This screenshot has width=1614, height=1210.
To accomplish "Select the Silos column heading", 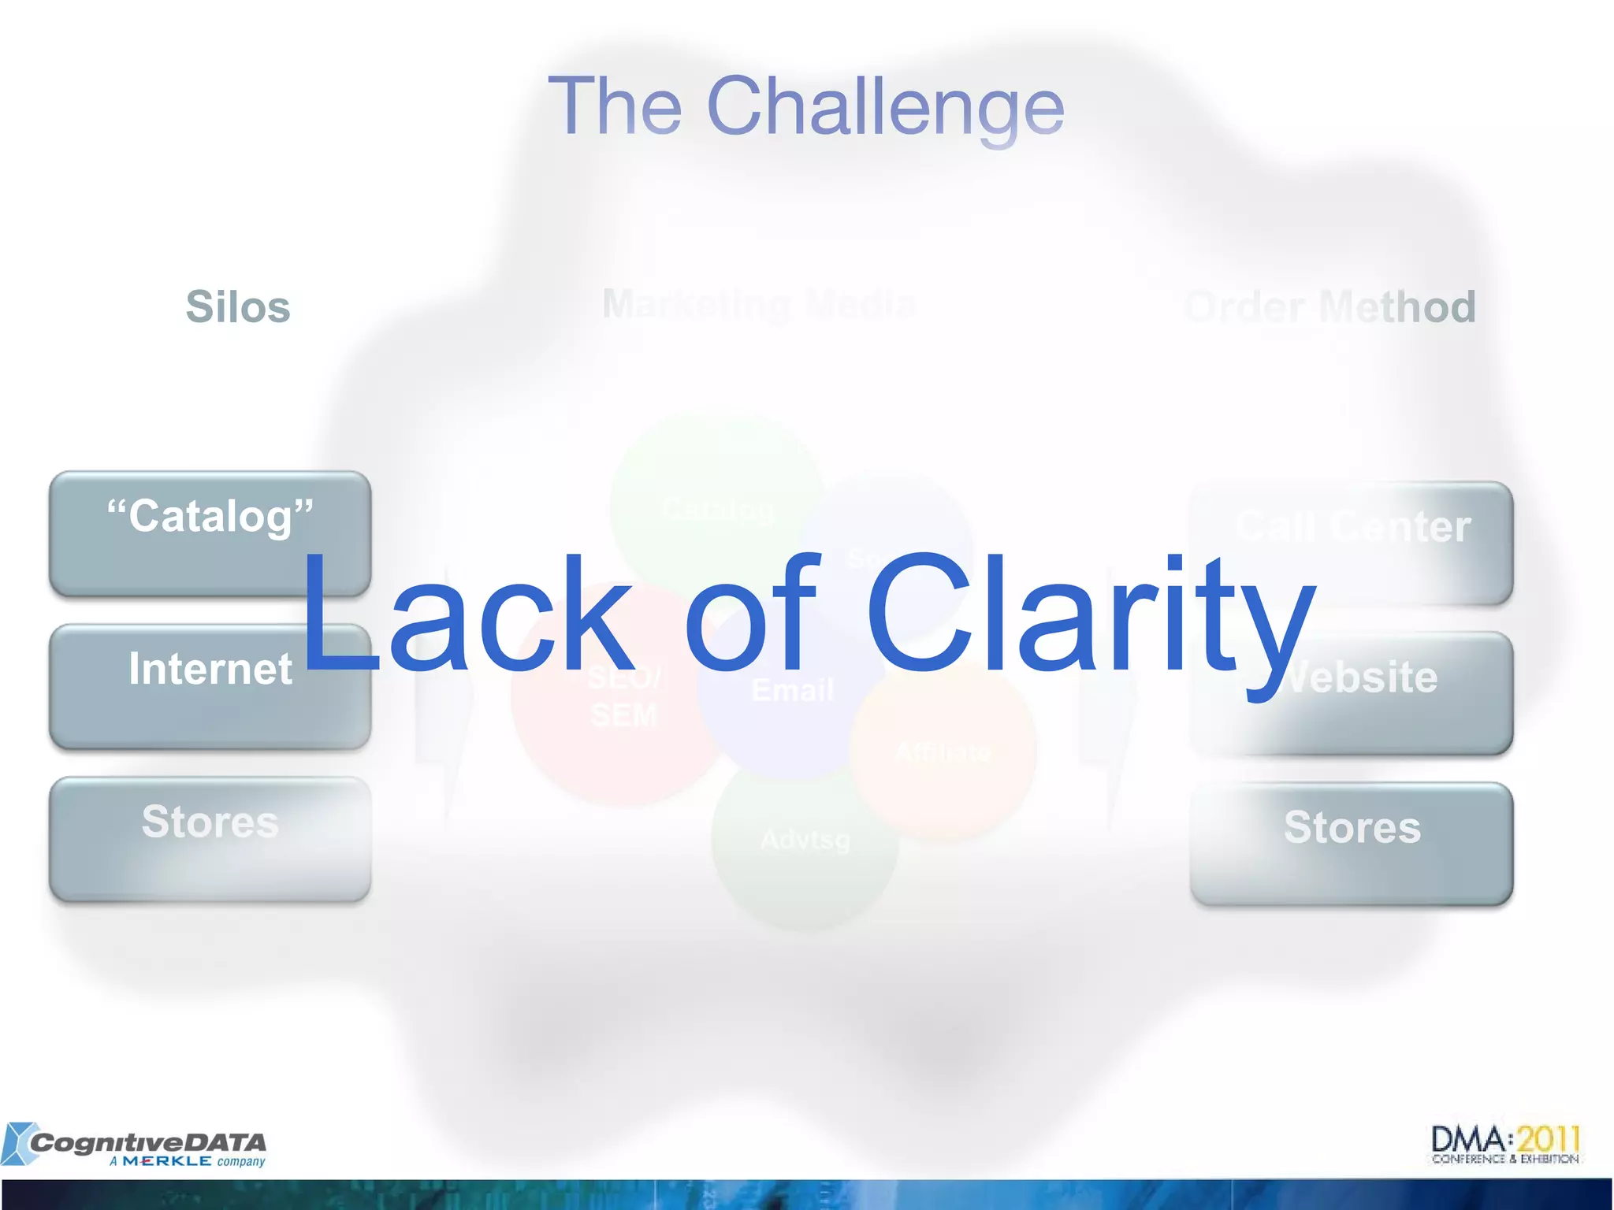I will point(238,306).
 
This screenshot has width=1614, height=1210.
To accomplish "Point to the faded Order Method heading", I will point(1330,306).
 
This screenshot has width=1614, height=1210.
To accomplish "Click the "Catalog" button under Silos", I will point(210,533).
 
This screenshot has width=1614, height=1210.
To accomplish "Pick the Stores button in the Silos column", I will point(210,839).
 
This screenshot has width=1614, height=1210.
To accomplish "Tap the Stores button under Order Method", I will point(1352,844).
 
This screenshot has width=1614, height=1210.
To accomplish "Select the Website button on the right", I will point(1352,693).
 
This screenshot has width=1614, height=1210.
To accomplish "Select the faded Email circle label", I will point(792,691).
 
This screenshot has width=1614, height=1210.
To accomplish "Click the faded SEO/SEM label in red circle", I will point(623,697).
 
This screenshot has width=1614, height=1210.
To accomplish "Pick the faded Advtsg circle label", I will point(805,840).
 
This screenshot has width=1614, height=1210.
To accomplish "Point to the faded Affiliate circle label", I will point(943,752).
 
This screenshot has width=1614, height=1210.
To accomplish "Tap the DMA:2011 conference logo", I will point(1505,1144).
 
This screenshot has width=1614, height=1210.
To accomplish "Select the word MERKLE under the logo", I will point(167,1161).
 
